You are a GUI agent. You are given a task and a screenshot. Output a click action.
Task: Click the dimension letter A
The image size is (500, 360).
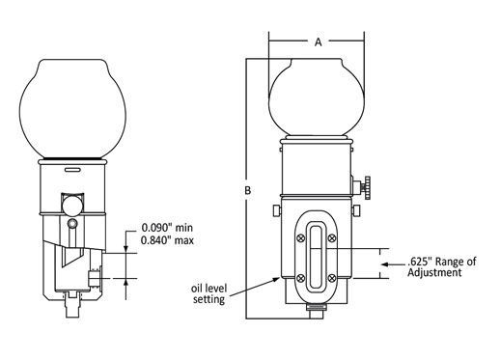[x=318, y=42]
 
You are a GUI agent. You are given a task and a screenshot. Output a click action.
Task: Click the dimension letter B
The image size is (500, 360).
[x=247, y=190]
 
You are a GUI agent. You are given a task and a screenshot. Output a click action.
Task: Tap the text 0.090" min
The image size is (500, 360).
[x=167, y=228]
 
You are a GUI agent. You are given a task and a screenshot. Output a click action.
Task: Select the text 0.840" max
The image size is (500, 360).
[x=167, y=240]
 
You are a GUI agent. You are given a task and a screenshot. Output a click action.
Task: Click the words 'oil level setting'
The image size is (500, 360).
[x=208, y=293]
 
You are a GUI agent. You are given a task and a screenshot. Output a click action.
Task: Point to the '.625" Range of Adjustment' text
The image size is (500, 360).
[x=441, y=266]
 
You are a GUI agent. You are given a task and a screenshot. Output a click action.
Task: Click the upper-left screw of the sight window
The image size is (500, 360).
[x=301, y=238]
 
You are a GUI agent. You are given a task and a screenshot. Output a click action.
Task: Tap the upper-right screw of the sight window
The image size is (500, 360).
[x=332, y=238]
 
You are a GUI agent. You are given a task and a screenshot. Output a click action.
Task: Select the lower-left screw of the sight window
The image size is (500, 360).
[x=300, y=278]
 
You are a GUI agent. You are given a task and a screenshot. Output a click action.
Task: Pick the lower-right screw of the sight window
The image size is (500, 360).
[x=332, y=278]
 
